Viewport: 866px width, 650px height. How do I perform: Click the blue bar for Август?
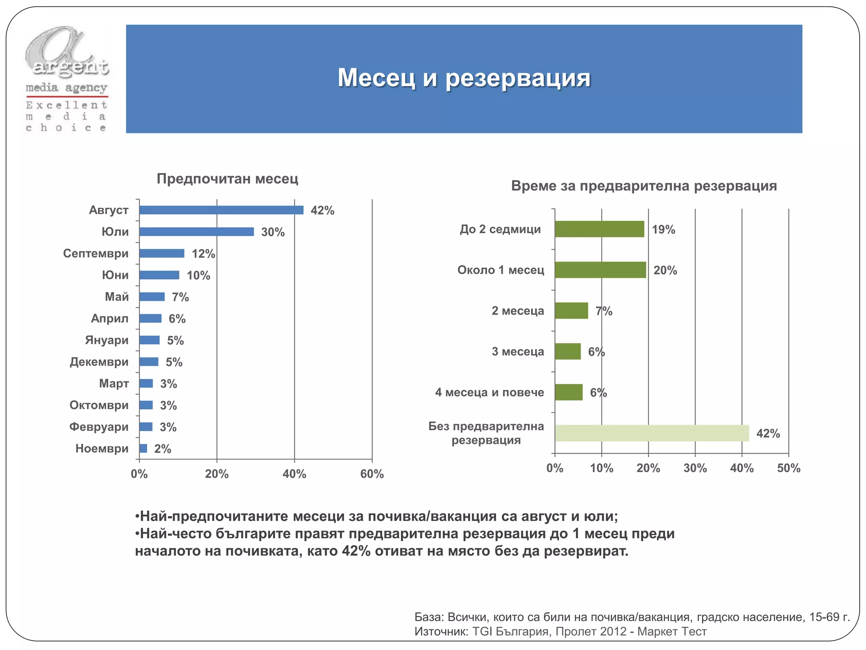click(x=221, y=210)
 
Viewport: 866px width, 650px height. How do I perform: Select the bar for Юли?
click(x=197, y=231)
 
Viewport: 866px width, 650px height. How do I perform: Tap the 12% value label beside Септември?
click(x=203, y=253)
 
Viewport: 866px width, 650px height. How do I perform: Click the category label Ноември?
click(x=102, y=448)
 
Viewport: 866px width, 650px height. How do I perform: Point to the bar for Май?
click(x=152, y=297)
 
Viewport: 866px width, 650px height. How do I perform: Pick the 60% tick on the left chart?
click(x=372, y=474)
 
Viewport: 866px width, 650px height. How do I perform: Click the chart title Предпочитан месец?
click(x=227, y=179)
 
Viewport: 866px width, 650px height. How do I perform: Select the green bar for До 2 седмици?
click(x=599, y=229)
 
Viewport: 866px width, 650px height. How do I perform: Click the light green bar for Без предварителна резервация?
click(x=652, y=433)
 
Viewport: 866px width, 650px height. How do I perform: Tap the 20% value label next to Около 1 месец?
click(x=665, y=270)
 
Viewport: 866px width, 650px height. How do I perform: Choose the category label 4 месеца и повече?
click(x=489, y=392)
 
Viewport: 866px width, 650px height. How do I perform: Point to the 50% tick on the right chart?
click(x=789, y=468)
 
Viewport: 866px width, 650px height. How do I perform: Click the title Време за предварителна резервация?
click(x=644, y=186)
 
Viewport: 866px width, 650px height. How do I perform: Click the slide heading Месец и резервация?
click(x=464, y=78)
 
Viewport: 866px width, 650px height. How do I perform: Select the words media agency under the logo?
click(x=66, y=88)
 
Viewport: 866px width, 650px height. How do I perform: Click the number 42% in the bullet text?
click(x=356, y=551)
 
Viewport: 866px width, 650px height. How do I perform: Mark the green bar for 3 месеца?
click(x=567, y=351)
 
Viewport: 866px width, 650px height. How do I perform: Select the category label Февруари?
click(x=99, y=427)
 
